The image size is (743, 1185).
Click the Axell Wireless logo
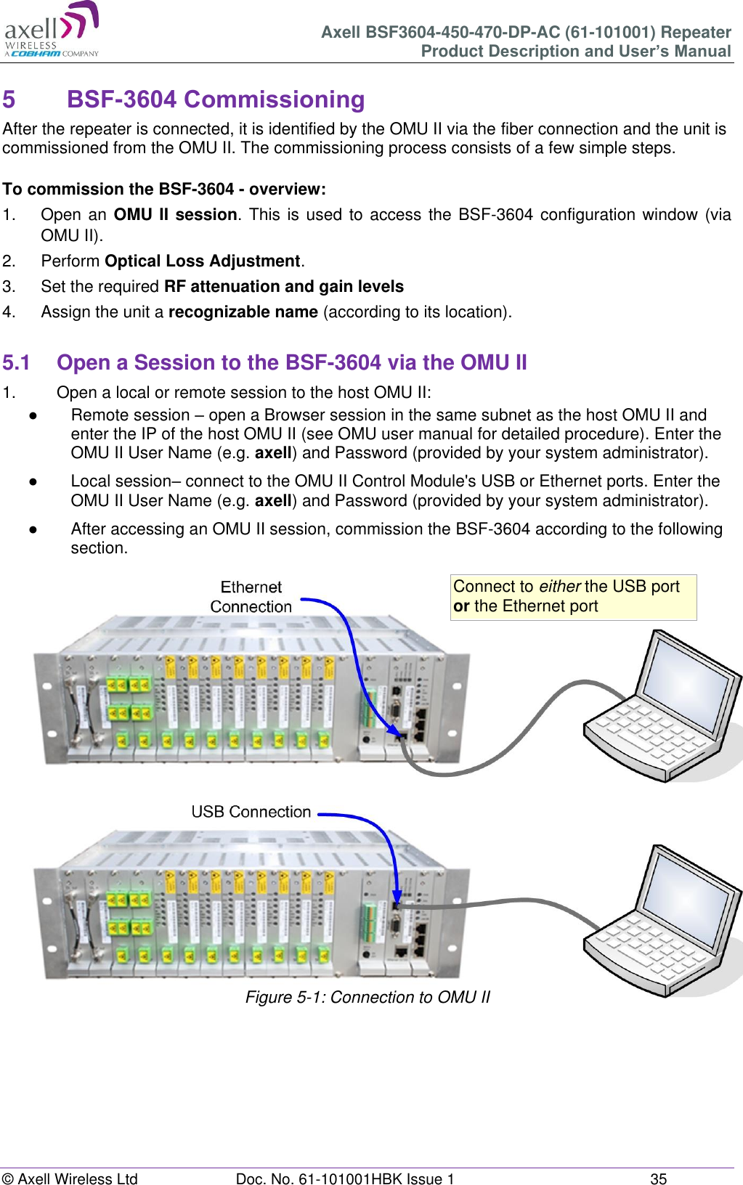[52, 30]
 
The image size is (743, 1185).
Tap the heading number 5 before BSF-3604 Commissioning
[9, 99]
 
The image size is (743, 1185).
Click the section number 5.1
[16, 362]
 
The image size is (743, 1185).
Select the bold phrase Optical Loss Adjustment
[202, 261]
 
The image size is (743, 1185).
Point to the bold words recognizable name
[243, 311]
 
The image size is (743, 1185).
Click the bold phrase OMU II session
[175, 214]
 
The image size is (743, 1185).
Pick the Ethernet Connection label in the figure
[251, 597]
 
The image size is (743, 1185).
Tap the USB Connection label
[251, 812]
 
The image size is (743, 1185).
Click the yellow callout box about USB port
[573, 597]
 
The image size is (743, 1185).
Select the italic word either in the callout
[559, 587]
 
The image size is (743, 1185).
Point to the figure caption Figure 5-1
[368, 997]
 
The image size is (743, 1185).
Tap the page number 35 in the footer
[658, 1178]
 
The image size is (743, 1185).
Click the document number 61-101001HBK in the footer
[345, 1178]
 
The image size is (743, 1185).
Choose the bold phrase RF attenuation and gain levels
[283, 286]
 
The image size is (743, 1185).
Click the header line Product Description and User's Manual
[576, 51]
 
